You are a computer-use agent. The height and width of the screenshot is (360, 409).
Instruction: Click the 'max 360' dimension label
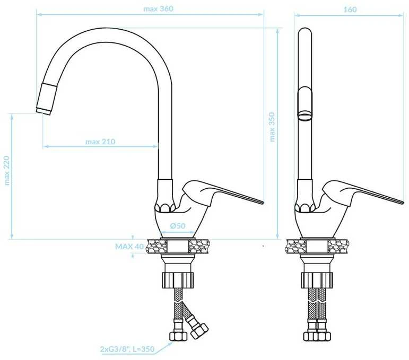click(158, 9)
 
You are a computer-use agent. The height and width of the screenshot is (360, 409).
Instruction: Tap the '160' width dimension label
click(350, 10)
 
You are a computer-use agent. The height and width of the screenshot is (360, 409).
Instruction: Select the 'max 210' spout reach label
click(100, 142)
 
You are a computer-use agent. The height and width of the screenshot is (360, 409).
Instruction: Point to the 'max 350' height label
click(272, 127)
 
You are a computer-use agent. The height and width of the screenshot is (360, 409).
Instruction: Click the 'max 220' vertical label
click(7, 171)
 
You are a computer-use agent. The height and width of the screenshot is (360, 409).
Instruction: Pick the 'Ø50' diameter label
click(178, 226)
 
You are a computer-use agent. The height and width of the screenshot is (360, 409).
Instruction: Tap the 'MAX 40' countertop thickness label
click(129, 247)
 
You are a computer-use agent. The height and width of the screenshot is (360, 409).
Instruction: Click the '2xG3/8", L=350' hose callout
click(127, 349)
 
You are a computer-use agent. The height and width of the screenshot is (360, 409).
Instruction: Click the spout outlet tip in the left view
click(43, 112)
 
